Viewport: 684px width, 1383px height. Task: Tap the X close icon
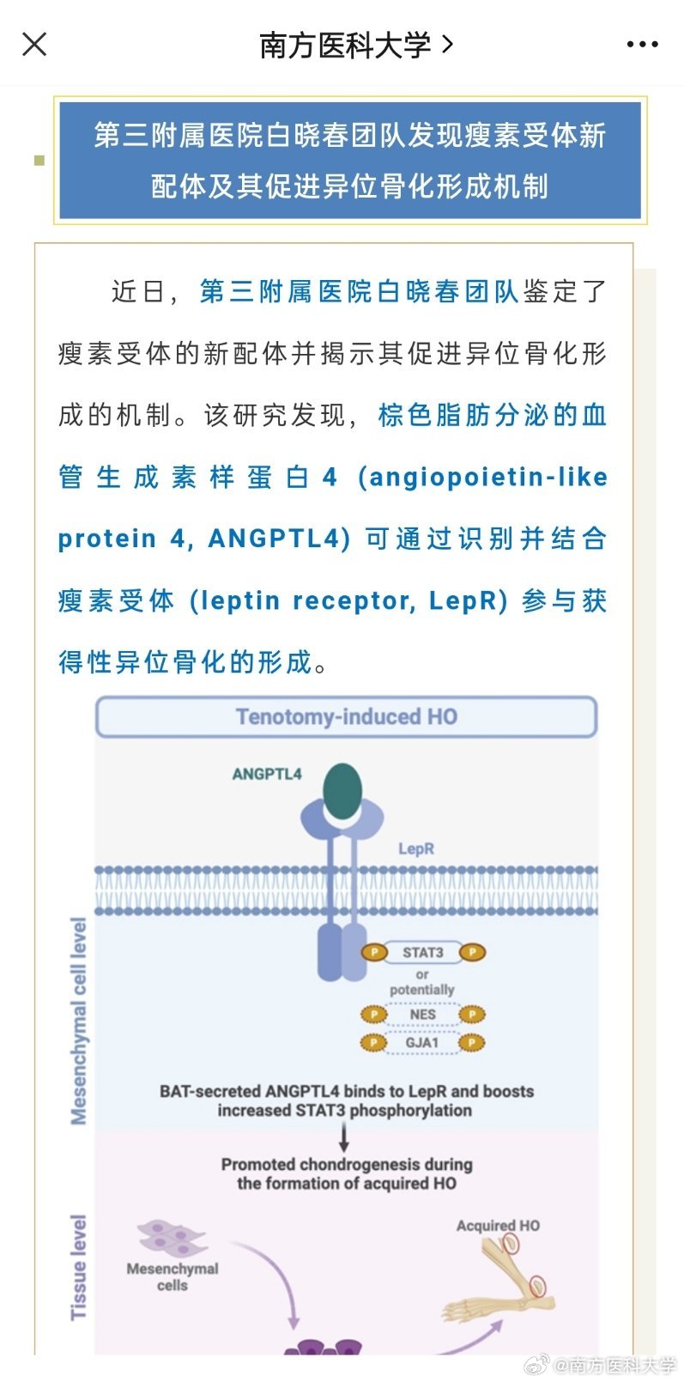click(x=34, y=45)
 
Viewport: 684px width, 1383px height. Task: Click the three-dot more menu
click(x=642, y=45)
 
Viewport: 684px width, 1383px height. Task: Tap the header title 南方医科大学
click(x=345, y=45)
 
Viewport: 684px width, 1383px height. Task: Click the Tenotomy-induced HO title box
click(x=346, y=716)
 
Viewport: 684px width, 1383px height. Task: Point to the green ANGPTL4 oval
click(x=342, y=791)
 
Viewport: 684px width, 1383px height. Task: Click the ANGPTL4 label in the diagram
click(x=267, y=774)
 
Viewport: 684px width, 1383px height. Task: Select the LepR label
click(x=416, y=849)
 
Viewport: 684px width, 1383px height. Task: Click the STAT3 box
click(x=423, y=953)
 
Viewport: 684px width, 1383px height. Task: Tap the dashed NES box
click(x=422, y=1014)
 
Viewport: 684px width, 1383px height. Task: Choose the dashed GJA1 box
click(x=422, y=1043)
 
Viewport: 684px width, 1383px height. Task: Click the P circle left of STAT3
click(x=374, y=952)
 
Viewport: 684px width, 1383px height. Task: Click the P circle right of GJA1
click(x=472, y=1043)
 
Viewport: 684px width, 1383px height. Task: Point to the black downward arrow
click(x=344, y=1137)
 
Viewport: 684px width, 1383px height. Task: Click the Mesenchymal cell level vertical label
click(x=79, y=1022)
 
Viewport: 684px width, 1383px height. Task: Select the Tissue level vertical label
click(x=78, y=1268)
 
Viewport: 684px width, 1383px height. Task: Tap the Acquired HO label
click(x=499, y=1226)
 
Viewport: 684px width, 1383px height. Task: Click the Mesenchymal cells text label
click(x=173, y=1276)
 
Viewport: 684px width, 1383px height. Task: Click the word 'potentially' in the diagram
click(x=422, y=990)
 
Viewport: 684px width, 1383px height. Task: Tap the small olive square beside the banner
click(x=39, y=161)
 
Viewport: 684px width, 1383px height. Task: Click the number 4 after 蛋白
click(x=330, y=478)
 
